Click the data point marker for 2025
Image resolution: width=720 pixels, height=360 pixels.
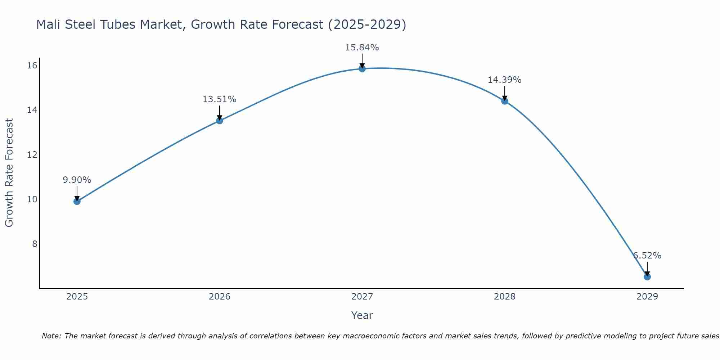point(77,201)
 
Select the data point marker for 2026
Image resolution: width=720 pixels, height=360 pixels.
point(220,121)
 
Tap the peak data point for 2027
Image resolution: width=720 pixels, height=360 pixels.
point(362,68)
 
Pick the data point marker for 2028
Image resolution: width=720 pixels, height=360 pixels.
point(505,101)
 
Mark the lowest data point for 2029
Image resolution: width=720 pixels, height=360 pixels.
point(647,277)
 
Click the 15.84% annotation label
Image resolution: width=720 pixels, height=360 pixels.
point(362,48)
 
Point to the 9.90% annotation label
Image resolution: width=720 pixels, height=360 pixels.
point(77,180)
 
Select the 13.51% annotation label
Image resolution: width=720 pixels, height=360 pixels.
point(220,99)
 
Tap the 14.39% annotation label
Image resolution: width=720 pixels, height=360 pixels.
point(505,80)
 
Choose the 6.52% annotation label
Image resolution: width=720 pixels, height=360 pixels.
point(647,256)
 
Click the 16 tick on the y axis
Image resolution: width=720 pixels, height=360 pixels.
point(32,65)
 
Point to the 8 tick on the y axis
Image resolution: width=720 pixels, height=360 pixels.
point(35,244)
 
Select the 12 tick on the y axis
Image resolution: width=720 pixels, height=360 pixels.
point(32,154)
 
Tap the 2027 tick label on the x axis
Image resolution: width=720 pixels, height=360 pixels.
point(362,297)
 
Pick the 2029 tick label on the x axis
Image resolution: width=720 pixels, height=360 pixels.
point(647,297)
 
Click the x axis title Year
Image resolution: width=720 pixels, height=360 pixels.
point(362,315)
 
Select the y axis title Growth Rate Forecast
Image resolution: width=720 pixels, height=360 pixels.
point(9,173)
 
